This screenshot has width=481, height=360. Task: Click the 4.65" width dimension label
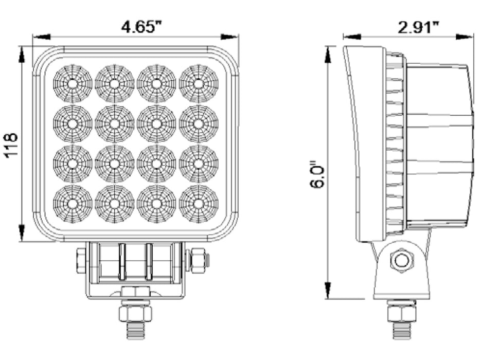coord(138,26)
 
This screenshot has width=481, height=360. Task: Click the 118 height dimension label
coord(11,145)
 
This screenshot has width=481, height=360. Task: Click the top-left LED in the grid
coord(73,83)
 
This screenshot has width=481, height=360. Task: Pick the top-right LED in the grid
coord(199,83)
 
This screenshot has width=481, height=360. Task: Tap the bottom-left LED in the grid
coord(73,204)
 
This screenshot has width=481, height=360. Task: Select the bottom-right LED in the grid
coord(199,204)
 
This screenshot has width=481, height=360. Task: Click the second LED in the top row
coord(114,83)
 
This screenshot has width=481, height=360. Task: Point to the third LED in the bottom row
coord(156,204)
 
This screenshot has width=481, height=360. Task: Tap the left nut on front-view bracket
coord(81,261)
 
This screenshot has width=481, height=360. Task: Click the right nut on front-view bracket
coord(197,260)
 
